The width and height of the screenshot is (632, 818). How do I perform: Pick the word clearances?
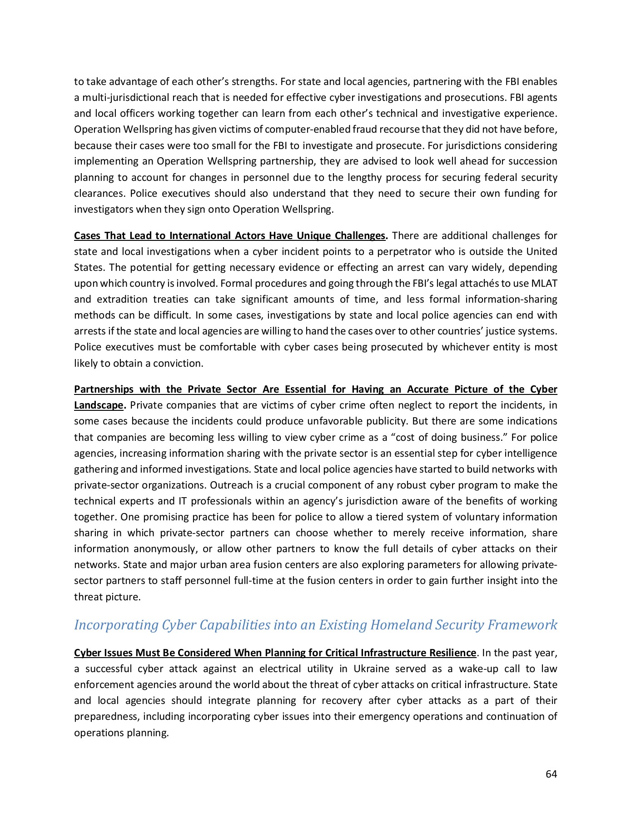pos(98,193)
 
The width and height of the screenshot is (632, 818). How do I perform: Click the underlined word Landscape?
pos(99,405)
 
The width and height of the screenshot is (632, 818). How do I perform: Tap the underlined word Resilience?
pos(452,653)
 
